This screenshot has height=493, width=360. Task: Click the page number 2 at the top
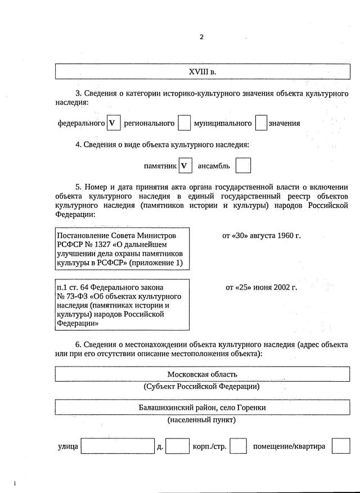pos(201,37)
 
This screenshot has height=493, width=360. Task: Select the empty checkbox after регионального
pos(184,123)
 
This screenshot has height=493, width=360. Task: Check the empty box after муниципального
pos(260,123)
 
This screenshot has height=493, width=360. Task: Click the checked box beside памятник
pos(185,166)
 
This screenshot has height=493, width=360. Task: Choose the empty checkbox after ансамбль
pos(243,166)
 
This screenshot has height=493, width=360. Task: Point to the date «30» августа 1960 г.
pos(262,235)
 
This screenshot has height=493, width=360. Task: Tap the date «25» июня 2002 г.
pos(261,287)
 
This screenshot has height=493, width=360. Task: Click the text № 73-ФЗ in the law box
pos(73,296)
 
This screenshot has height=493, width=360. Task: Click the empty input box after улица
pos(117,446)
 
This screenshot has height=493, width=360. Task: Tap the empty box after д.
pos(178,446)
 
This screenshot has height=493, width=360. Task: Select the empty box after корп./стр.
pos(238,446)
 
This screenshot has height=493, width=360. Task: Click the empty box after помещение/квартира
pos(340,446)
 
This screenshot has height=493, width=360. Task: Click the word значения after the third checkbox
pos(284,123)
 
